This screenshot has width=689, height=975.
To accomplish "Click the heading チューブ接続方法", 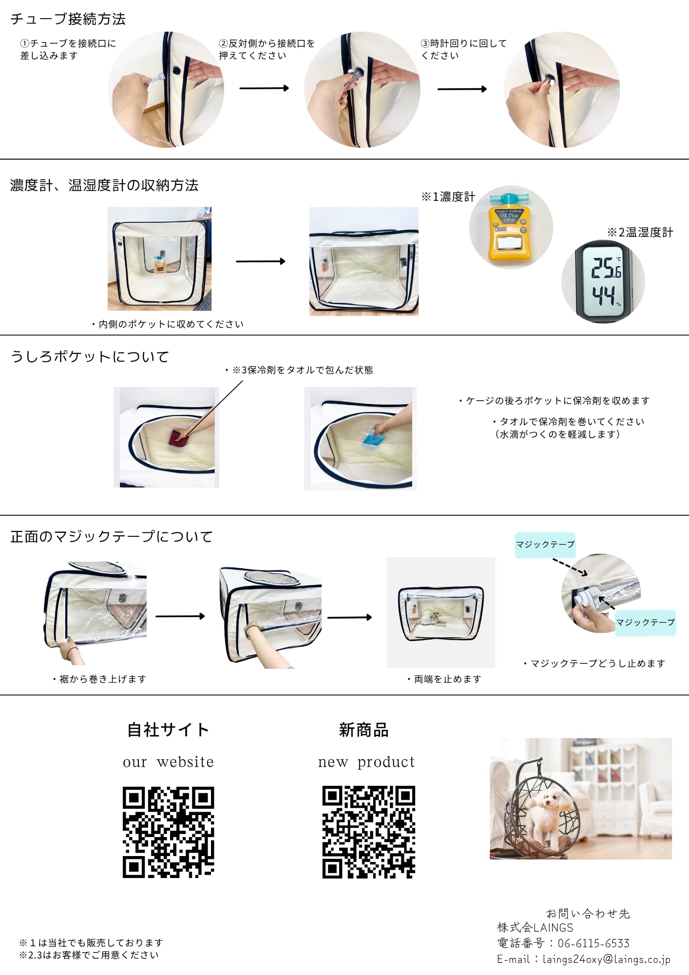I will [x=68, y=19].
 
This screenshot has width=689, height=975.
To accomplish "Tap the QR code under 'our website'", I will [x=168, y=832].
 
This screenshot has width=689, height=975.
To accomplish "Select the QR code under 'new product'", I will [x=368, y=832].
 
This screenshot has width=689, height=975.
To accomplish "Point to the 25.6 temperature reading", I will [x=606, y=268].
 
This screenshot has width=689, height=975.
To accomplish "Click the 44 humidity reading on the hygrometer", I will [x=604, y=294].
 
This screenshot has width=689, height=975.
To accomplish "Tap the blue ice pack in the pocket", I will [x=374, y=442].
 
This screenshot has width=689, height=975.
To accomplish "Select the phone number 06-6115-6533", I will [x=593, y=943].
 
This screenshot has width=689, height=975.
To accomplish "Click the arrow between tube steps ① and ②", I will [x=264, y=88].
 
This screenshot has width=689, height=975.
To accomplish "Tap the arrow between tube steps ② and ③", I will [x=462, y=89].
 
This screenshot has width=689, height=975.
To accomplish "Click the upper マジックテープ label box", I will [x=545, y=545].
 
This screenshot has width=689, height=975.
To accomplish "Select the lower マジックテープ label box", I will [x=645, y=623].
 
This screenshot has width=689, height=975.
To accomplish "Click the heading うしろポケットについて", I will [x=90, y=357].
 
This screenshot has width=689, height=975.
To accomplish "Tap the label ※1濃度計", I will [x=448, y=197].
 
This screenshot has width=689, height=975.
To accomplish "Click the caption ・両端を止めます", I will [x=444, y=679].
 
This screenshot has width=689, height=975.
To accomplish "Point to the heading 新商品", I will [x=364, y=730].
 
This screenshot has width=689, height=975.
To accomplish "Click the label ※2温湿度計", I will [x=640, y=233].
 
